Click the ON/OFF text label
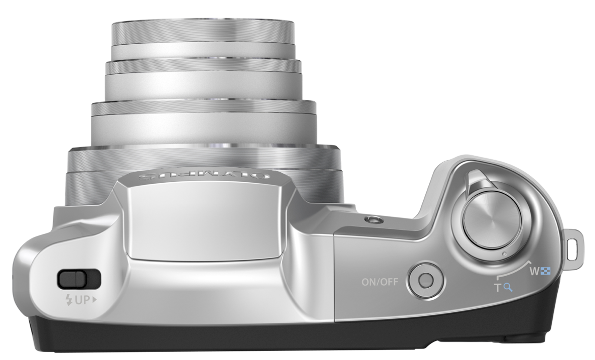click(x=379, y=282)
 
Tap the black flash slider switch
click(x=79, y=279)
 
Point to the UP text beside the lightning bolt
click(x=82, y=300)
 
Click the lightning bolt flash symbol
click(x=69, y=300)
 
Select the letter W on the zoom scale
click(x=534, y=272)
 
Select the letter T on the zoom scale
click(x=498, y=288)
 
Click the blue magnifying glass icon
click(x=508, y=288)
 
